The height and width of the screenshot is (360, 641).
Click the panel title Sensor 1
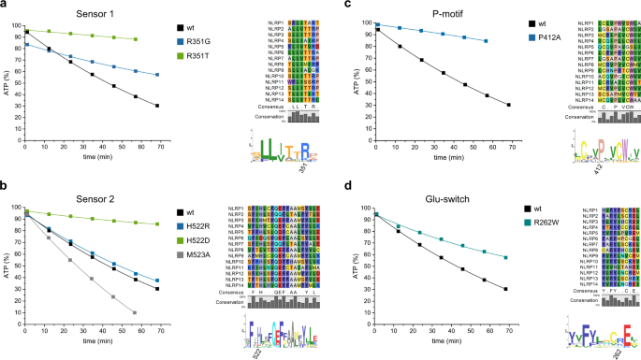[98, 14]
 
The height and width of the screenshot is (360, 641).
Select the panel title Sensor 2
[98, 195]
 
